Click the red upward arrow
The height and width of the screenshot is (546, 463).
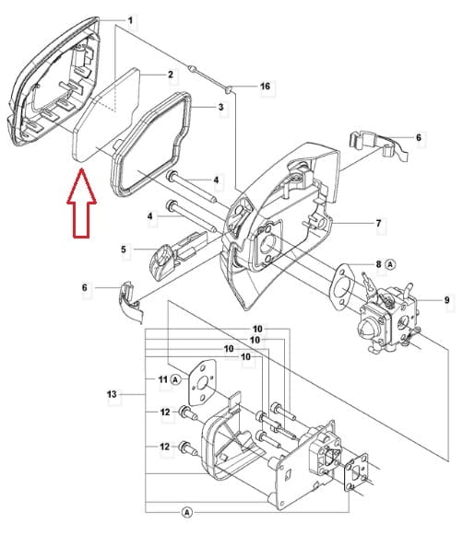(81, 203)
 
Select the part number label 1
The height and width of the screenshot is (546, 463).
(130, 20)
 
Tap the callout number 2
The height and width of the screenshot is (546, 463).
(171, 75)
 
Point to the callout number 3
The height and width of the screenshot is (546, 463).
(220, 107)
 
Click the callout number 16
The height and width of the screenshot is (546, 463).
(266, 86)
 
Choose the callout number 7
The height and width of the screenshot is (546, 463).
(379, 223)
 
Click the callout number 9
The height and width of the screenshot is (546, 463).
(447, 299)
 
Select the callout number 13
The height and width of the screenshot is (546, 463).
(112, 394)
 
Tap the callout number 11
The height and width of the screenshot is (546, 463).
(163, 379)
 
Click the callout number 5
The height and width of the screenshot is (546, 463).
(124, 250)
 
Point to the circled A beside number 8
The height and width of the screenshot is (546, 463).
(390, 264)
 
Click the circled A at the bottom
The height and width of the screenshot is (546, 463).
(187, 512)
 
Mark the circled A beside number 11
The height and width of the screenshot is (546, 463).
(176, 379)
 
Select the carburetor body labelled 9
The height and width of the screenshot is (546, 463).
(387, 318)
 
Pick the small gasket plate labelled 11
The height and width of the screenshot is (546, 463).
(202, 383)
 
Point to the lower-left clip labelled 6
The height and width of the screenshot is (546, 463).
(130, 303)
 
